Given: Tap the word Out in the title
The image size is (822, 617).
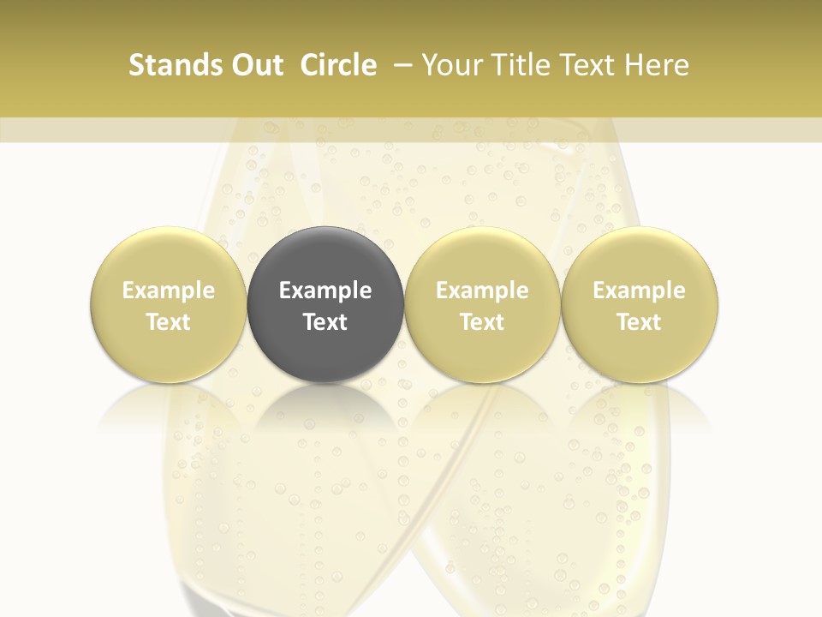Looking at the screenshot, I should pos(255,65).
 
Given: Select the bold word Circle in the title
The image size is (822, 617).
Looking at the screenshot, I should pos(338,65).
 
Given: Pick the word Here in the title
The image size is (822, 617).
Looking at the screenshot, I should pos(656,65).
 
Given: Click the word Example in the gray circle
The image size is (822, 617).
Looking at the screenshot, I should pos(325,291).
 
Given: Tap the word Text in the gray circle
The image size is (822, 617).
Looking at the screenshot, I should pos(325,322).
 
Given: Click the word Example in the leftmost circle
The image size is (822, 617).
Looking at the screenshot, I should pos(169,291).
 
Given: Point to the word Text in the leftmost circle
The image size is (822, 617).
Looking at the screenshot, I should pos(169,322).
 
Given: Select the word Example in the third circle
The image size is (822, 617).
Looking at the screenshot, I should pos(482,291).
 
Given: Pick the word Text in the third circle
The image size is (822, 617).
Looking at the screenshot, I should pos(482,322).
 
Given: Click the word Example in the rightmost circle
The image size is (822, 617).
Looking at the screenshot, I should pos(640,291).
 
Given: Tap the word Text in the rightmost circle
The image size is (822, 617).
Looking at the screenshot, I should pos(640,322).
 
